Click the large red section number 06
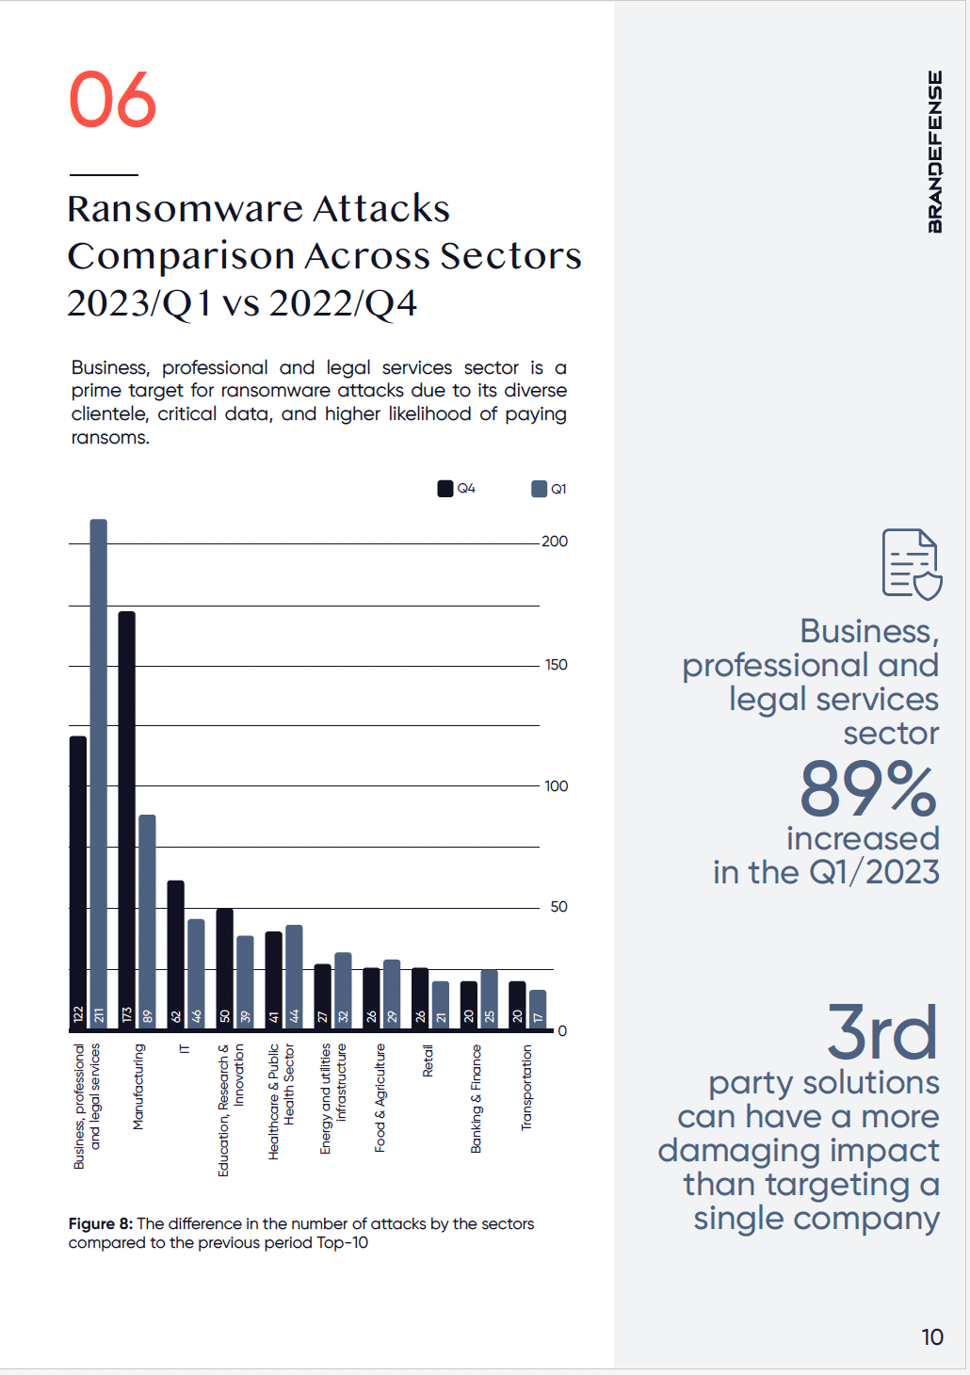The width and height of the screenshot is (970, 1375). click(x=112, y=100)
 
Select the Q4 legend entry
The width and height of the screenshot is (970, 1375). click(x=457, y=489)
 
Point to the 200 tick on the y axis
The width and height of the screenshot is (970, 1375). click(x=555, y=542)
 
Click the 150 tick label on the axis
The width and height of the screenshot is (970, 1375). click(x=556, y=665)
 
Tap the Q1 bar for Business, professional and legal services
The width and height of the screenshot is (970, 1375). click(x=98, y=772)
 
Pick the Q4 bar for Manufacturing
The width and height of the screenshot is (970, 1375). click(x=126, y=819)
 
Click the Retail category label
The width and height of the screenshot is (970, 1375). click(x=428, y=1060)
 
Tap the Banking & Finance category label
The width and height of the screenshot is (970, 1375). click(x=477, y=1098)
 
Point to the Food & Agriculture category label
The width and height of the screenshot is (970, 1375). click(x=380, y=1097)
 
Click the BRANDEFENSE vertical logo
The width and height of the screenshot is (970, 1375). click(x=934, y=152)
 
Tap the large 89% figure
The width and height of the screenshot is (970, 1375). click(x=868, y=789)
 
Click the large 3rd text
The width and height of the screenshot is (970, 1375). click(x=882, y=1032)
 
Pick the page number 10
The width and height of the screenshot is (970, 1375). click(x=932, y=1337)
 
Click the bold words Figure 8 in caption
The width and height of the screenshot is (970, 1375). click(x=100, y=1224)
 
